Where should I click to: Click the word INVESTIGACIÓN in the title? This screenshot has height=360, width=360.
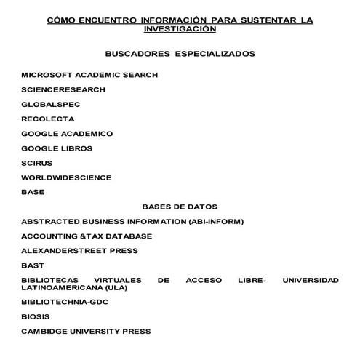click(180, 29)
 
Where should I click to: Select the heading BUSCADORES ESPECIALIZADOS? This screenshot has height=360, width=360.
click(180, 54)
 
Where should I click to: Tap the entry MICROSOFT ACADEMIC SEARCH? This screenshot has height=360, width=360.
click(89, 75)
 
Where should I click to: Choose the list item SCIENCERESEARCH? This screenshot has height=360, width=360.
click(63, 89)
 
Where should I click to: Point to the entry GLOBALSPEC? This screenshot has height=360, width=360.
click(51, 104)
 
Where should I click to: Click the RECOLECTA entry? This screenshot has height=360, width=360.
click(48, 119)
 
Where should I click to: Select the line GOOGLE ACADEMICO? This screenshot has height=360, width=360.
click(67, 134)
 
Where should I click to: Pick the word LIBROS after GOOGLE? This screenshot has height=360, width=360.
click(77, 148)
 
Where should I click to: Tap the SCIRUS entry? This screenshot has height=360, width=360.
click(37, 163)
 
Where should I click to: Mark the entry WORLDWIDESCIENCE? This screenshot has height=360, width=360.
click(66, 177)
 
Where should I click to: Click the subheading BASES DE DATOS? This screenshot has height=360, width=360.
click(180, 207)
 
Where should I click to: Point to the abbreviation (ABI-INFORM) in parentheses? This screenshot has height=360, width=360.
click(216, 221)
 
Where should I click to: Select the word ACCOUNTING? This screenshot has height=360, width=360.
click(49, 236)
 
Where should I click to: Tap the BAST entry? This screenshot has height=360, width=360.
click(33, 265)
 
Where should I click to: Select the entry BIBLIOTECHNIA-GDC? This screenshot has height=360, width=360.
click(65, 302)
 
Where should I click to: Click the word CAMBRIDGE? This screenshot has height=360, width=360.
click(44, 332)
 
